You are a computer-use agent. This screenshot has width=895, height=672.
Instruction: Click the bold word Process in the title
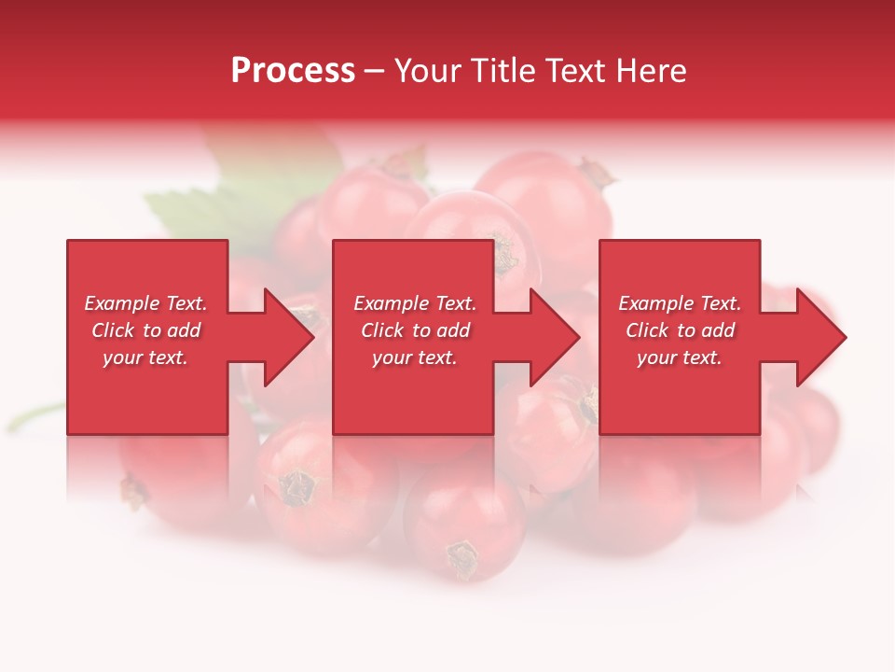pyautogui.click(x=293, y=71)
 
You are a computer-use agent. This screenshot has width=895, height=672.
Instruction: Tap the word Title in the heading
pyautogui.click(x=502, y=71)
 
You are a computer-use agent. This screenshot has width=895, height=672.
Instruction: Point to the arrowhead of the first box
pyautogui.click(x=289, y=337)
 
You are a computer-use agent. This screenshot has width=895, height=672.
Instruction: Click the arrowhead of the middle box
pyautogui.click(x=556, y=337)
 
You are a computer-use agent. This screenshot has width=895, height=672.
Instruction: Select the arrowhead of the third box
pyautogui.click(x=821, y=337)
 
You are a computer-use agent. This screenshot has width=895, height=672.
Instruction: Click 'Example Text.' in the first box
pyautogui.click(x=145, y=303)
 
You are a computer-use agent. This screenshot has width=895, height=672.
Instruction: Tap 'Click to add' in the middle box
pyautogui.click(x=415, y=330)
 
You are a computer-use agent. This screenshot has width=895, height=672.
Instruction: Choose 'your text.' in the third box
pyautogui.click(x=680, y=357)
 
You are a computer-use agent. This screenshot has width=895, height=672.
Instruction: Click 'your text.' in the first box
pyautogui.click(x=145, y=357)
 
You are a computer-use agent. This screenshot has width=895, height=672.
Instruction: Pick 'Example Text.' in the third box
pyautogui.click(x=680, y=303)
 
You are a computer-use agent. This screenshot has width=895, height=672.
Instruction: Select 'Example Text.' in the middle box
pyautogui.click(x=415, y=303)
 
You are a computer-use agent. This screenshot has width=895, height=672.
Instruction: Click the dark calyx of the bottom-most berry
pyautogui.click(x=461, y=557)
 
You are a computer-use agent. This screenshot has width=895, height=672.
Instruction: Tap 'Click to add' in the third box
pyautogui.click(x=680, y=330)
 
